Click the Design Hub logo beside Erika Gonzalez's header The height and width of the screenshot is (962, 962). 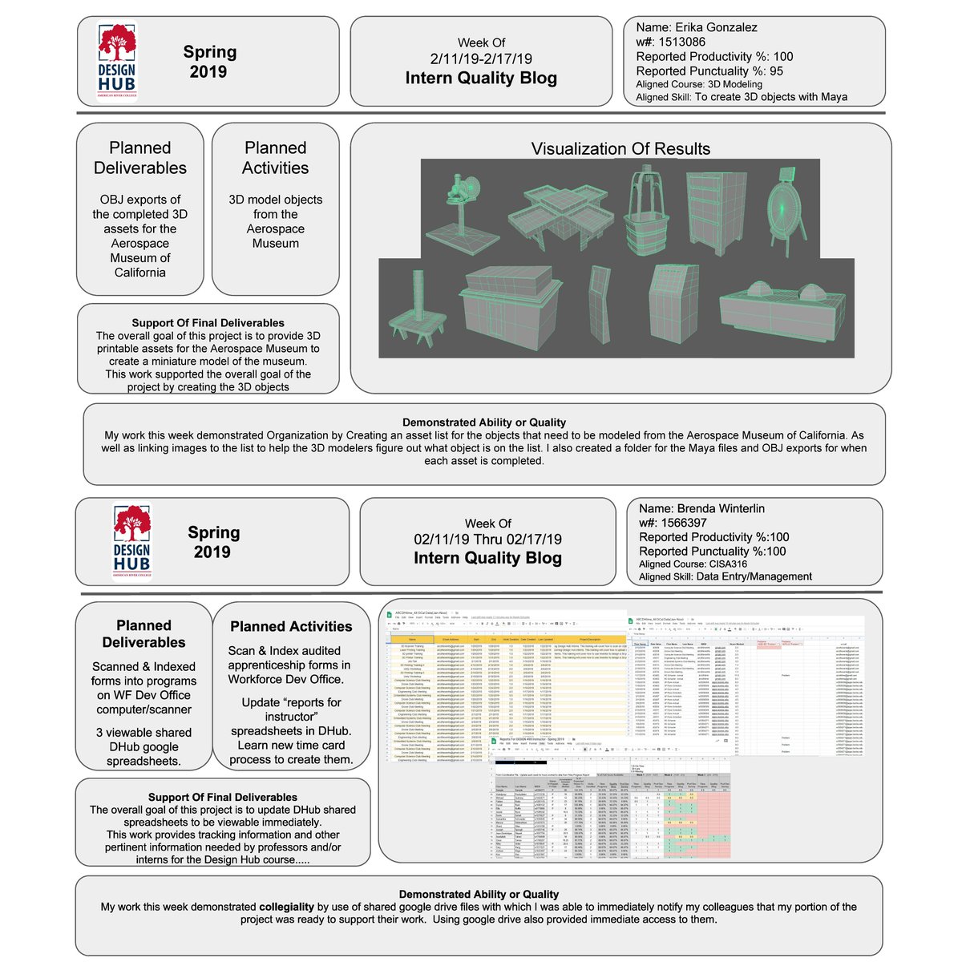coord(117,61)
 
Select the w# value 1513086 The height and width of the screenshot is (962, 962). coord(682,42)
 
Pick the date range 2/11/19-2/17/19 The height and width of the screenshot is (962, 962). coord(481,59)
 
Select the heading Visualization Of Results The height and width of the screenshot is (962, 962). coord(620,148)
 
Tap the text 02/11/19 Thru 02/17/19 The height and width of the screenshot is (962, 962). coord(487,540)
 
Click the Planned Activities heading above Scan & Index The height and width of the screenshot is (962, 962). coord(291,626)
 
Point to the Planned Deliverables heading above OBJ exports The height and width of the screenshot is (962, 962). coord(140,157)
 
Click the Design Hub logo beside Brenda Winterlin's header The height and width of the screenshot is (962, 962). coord(131,541)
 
